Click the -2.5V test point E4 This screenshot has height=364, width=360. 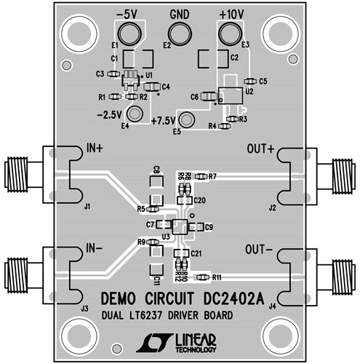[x=134, y=114]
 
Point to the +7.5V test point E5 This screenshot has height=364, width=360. [x=188, y=120]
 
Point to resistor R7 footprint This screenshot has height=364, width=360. [x=197, y=177]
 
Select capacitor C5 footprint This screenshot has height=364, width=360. [x=250, y=81]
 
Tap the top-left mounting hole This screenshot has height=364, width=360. [x=77, y=32]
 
